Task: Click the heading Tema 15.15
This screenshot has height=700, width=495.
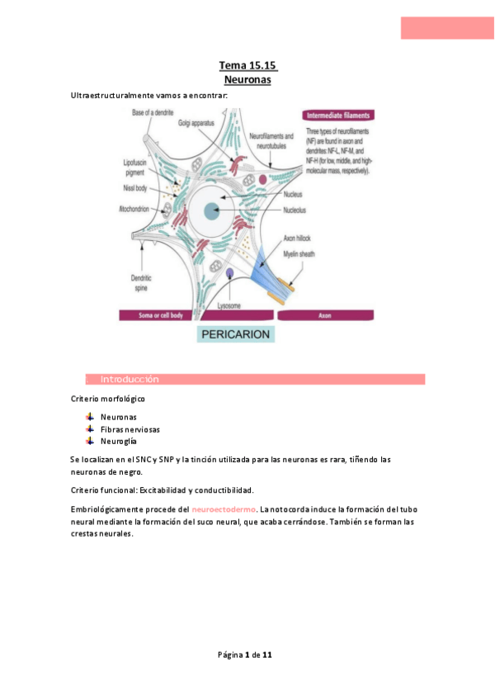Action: tap(247, 65)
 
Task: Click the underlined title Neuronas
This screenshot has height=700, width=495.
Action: tap(247, 80)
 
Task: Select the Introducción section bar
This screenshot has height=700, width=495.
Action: tap(256, 379)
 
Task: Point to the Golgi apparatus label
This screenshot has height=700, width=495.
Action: tap(196, 122)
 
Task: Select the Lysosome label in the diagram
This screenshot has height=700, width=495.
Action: tap(229, 305)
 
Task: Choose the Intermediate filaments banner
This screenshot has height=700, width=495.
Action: tap(337, 115)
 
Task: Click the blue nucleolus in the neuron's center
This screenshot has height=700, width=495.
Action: tap(212, 210)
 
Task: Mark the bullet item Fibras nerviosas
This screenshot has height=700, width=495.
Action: tap(130, 429)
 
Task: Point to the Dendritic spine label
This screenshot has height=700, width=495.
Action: tap(131, 282)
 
